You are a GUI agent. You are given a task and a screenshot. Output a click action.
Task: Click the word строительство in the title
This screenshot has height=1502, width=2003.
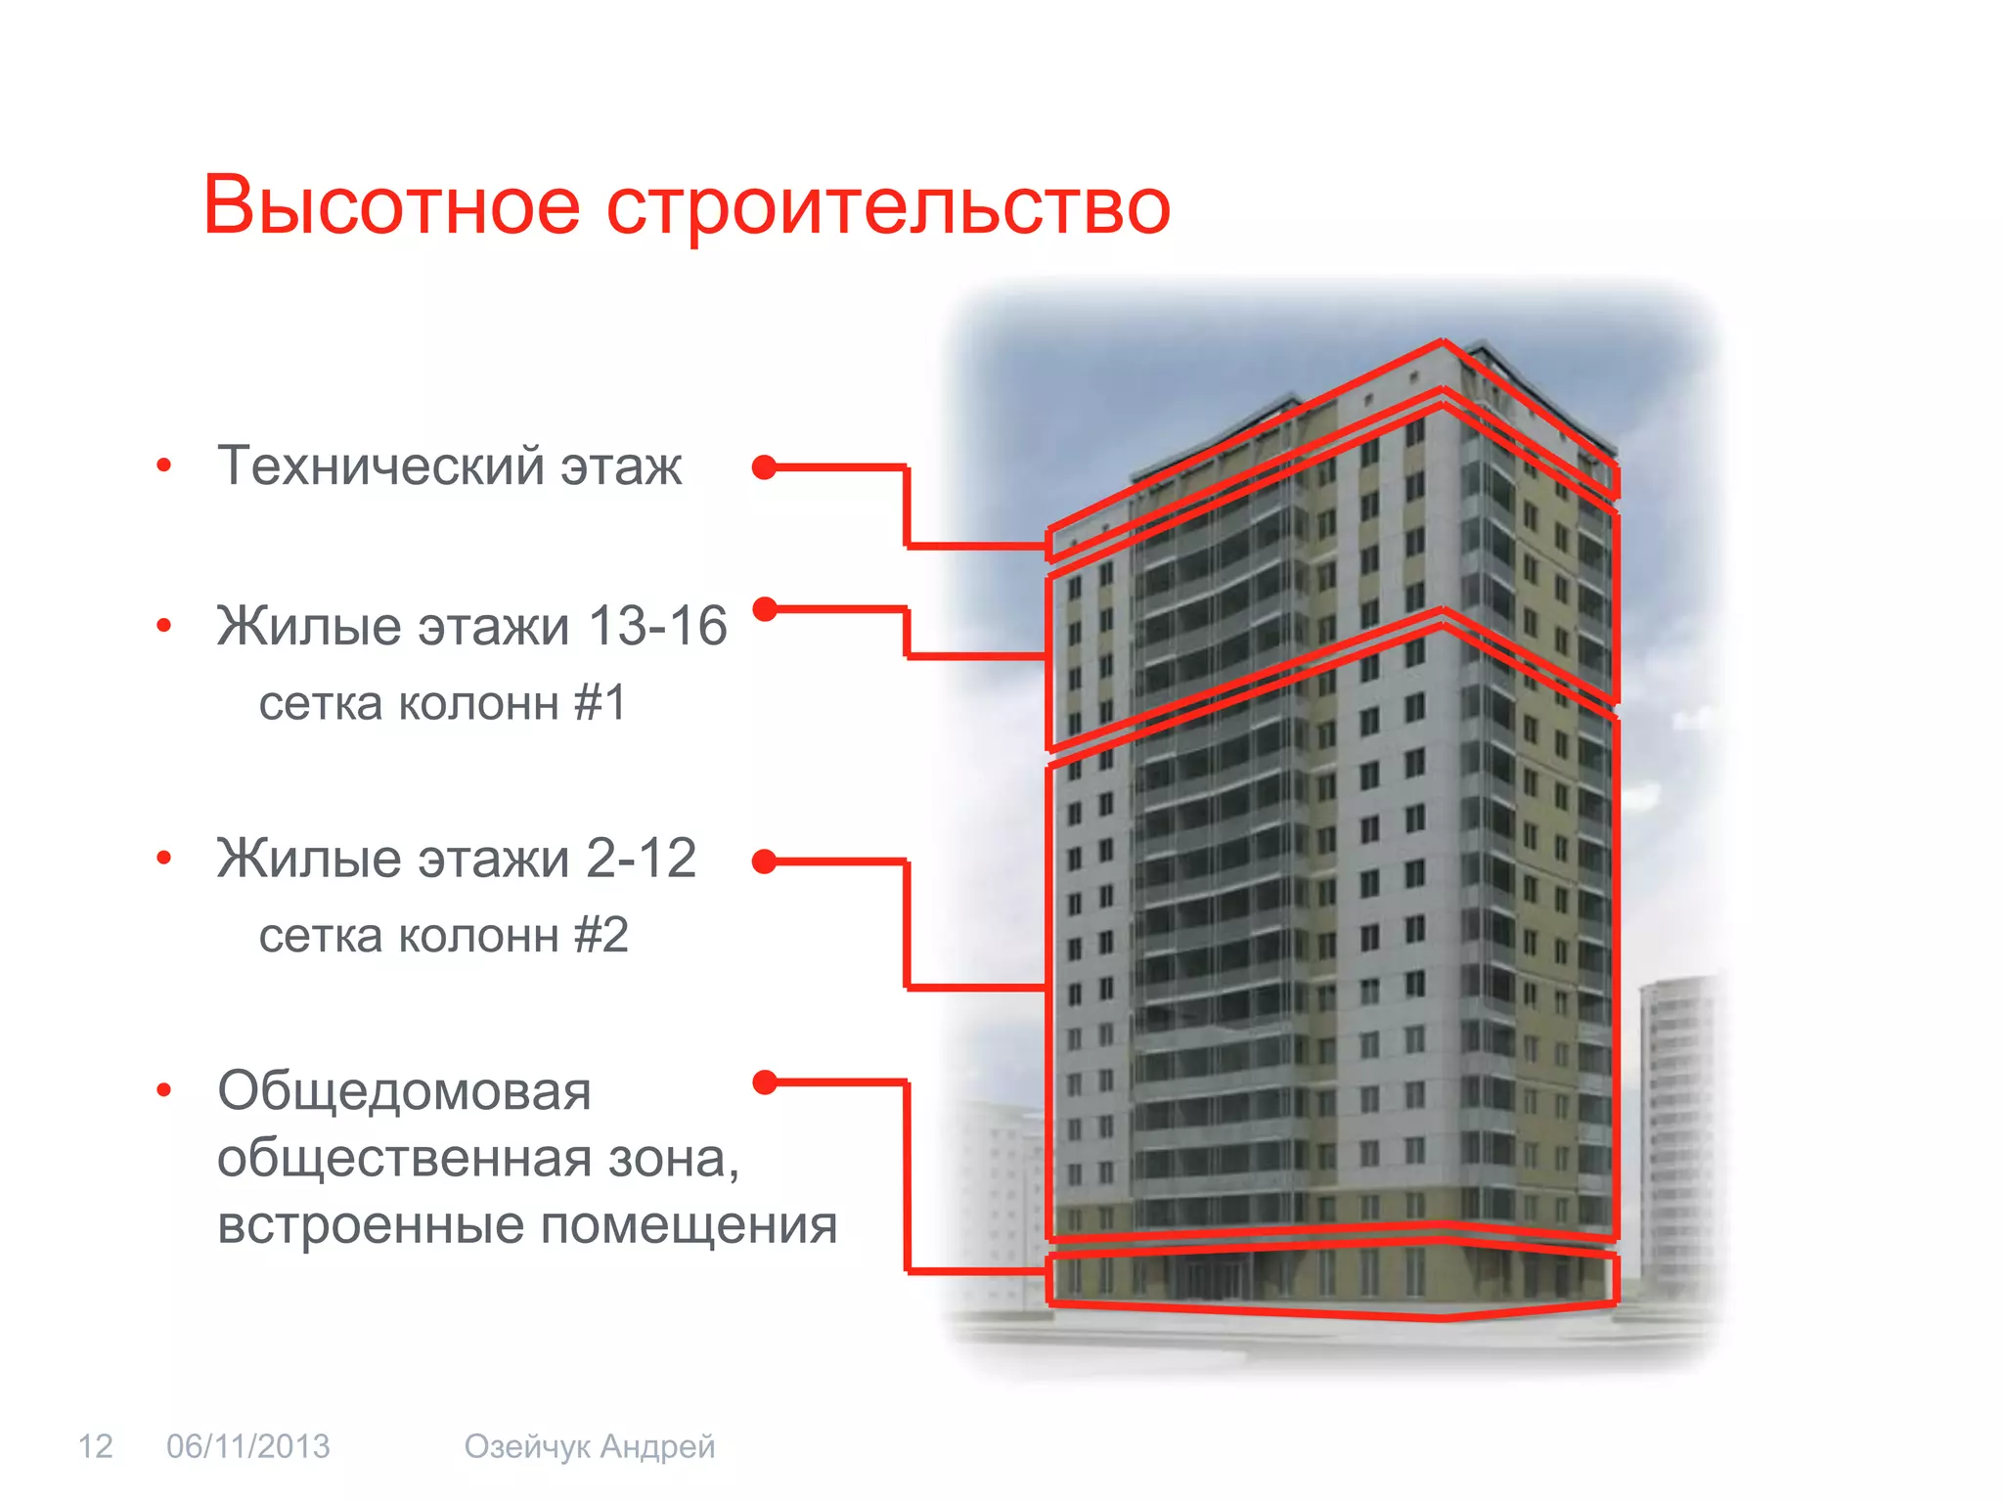(888, 207)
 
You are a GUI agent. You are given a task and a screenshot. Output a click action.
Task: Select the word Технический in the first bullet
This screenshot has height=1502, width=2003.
(380, 465)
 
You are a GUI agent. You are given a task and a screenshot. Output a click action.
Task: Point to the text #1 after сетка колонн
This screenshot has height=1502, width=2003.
(600, 703)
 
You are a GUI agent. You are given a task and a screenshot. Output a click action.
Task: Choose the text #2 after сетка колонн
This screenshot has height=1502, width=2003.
(601, 936)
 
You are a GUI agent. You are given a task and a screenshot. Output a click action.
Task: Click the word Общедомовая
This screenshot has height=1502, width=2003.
(404, 1090)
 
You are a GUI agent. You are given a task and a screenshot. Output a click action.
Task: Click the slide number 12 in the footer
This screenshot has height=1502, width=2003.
(95, 1446)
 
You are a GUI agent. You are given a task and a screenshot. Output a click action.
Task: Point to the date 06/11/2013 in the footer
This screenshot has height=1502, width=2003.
(248, 1446)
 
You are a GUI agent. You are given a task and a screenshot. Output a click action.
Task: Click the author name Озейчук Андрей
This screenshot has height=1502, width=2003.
(590, 1446)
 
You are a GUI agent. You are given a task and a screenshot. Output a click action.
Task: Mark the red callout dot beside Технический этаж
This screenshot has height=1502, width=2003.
(765, 467)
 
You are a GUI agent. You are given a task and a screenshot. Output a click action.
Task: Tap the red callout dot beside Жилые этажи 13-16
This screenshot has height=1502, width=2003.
(765, 609)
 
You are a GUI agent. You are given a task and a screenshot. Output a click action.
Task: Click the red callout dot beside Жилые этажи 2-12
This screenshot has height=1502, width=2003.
(765, 861)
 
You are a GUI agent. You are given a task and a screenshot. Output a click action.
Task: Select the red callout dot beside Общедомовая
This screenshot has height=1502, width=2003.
(765, 1082)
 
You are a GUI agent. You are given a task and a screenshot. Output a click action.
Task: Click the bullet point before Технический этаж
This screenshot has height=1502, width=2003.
(164, 465)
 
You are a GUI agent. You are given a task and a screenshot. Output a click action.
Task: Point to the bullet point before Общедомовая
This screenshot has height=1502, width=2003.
(164, 1090)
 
